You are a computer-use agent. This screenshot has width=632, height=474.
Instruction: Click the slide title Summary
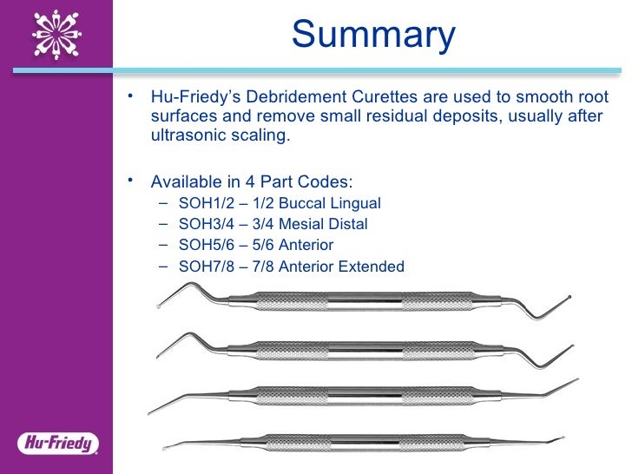pos(373,35)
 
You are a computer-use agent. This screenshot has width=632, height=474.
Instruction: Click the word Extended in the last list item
pos(373,267)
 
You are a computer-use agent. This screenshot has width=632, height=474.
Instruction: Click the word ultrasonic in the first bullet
pos(183,137)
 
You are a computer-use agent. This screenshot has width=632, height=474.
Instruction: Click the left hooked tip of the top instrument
pos(161,304)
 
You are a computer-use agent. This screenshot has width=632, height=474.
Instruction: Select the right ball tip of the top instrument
pos(569,300)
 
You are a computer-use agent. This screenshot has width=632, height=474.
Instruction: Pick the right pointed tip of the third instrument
pos(576,381)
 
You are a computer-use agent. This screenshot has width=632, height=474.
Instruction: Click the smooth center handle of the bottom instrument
pos(365,443)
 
